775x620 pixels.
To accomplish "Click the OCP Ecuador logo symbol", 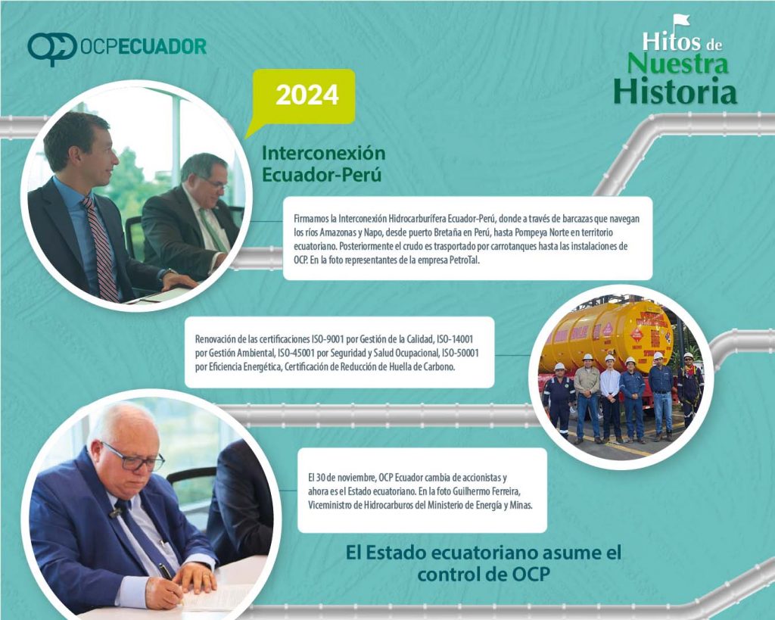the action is click(52, 48).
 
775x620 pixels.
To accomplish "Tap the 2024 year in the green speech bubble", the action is click(307, 95).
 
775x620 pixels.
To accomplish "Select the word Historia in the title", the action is click(675, 91).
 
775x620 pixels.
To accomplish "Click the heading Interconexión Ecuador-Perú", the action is click(323, 164).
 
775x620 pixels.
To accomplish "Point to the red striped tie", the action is click(101, 248).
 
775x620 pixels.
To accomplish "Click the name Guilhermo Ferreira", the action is click(486, 491).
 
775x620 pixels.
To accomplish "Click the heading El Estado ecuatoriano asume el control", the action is click(484, 563).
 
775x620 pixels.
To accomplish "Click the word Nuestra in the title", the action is click(677, 64).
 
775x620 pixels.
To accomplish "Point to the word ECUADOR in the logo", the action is click(163, 46).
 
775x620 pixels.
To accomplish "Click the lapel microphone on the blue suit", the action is click(116, 513).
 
